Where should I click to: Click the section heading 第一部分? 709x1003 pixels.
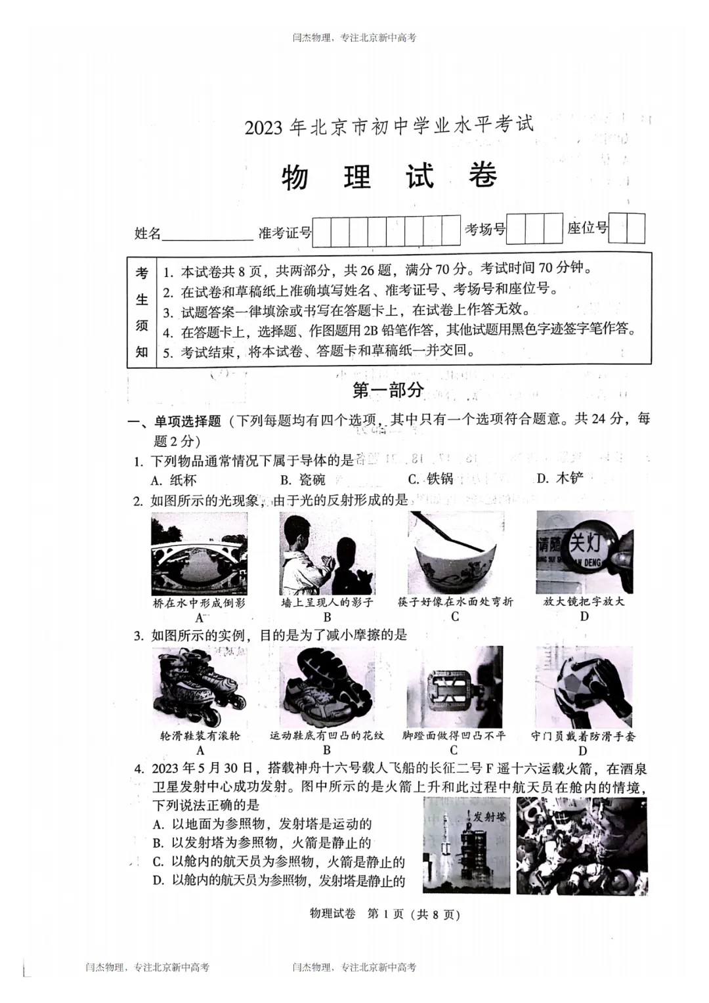[x=388, y=390]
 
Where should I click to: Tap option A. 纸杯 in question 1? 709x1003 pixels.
[x=174, y=480]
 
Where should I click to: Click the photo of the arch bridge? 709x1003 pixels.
[x=199, y=553]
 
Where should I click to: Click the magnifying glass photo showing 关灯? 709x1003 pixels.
[x=584, y=553]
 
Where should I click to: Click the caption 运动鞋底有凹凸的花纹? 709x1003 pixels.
[x=327, y=736]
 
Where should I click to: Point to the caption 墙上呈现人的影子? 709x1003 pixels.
[x=327, y=602]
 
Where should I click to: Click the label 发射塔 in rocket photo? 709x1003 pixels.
[x=489, y=817]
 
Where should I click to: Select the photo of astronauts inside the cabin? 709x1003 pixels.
[x=582, y=846]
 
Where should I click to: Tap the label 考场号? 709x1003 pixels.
[x=485, y=230]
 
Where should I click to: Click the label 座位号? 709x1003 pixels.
[x=588, y=228]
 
